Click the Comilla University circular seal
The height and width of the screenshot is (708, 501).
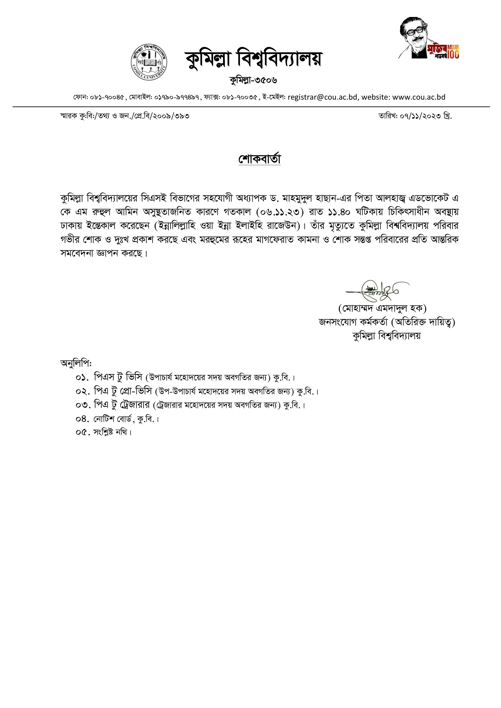pos(149,62)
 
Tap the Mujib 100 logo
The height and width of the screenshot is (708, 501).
pos(430,38)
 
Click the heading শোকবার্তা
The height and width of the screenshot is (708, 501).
pos(260,159)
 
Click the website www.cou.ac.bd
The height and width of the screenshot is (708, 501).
pos(419,97)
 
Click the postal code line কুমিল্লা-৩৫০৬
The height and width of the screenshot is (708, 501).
pos(253,80)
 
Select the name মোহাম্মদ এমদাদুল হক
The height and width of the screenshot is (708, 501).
pos(382,308)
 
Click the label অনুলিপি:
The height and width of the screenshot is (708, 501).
pos(76,363)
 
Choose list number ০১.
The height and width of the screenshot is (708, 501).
pos(82,377)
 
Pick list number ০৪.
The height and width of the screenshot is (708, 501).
pos(82,419)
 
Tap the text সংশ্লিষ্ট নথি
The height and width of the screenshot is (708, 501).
pos(111,432)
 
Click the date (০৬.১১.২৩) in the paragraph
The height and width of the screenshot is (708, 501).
pos(280,212)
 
